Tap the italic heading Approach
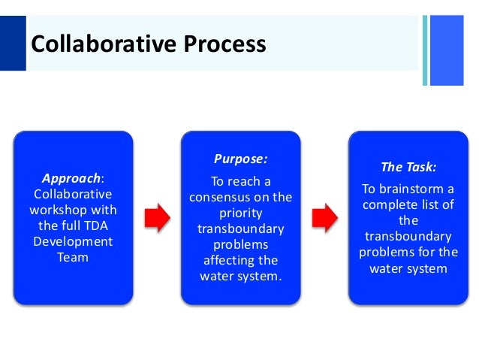71,179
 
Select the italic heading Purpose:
240,159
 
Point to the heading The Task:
408,167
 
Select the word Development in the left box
74,241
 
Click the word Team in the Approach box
74,257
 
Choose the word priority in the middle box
241,213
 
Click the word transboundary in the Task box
408,236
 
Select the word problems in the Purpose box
241,245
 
